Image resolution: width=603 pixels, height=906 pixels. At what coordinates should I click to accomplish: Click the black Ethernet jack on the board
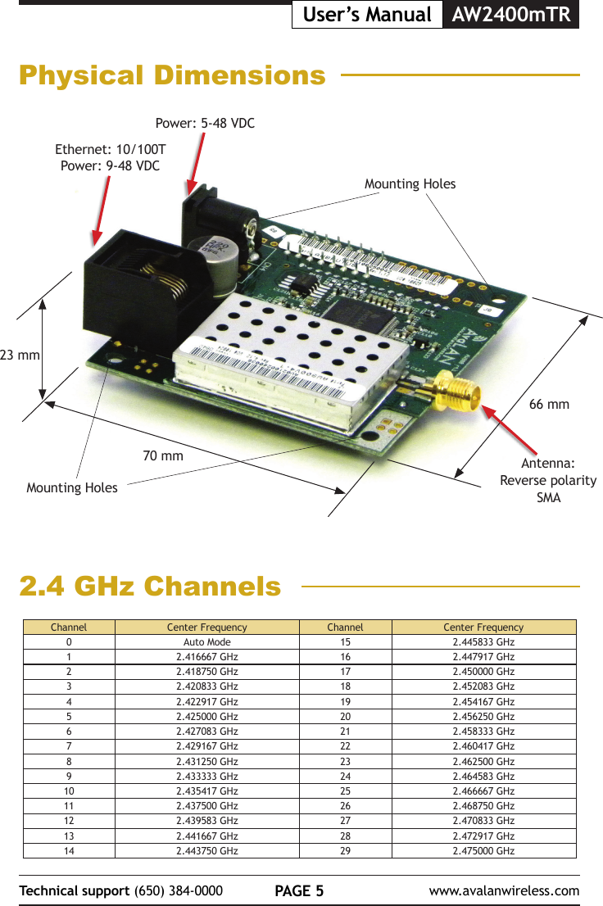click(x=139, y=291)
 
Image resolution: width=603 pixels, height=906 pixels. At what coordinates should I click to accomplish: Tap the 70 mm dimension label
click(x=163, y=455)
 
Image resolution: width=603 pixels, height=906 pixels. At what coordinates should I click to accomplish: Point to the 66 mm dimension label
click(x=549, y=405)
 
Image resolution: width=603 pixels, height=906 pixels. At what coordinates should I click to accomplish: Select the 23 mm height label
click(x=20, y=356)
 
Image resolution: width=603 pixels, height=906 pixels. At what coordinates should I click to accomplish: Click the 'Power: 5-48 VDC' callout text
click(x=205, y=124)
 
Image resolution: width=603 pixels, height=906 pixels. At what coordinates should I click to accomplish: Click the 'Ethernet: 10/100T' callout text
click(x=111, y=151)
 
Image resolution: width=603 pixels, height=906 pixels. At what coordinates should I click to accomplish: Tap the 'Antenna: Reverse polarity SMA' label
click(x=548, y=480)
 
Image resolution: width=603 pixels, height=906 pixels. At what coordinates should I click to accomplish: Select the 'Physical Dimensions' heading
click(x=172, y=76)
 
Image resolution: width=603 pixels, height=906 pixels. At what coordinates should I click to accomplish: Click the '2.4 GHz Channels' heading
click(x=150, y=587)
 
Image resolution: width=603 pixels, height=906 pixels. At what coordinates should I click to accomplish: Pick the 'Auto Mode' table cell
click(x=207, y=642)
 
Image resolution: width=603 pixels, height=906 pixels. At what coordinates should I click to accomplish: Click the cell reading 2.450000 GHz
click(x=483, y=672)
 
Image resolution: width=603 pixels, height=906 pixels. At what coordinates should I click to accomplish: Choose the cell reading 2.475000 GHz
click(x=483, y=850)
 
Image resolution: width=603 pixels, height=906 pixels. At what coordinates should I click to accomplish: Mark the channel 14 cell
click(x=69, y=850)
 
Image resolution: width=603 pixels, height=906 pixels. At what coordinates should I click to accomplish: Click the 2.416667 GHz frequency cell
click(x=207, y=657)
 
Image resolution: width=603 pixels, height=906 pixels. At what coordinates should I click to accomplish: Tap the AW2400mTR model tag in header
click(x=510, y=15)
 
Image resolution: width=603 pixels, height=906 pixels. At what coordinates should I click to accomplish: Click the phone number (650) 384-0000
click(x=178, y=890)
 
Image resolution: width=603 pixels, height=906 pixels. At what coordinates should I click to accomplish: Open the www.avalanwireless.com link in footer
click(x=504, y=890)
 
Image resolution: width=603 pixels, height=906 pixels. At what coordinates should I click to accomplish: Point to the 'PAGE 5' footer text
click(x=299, y=890)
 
